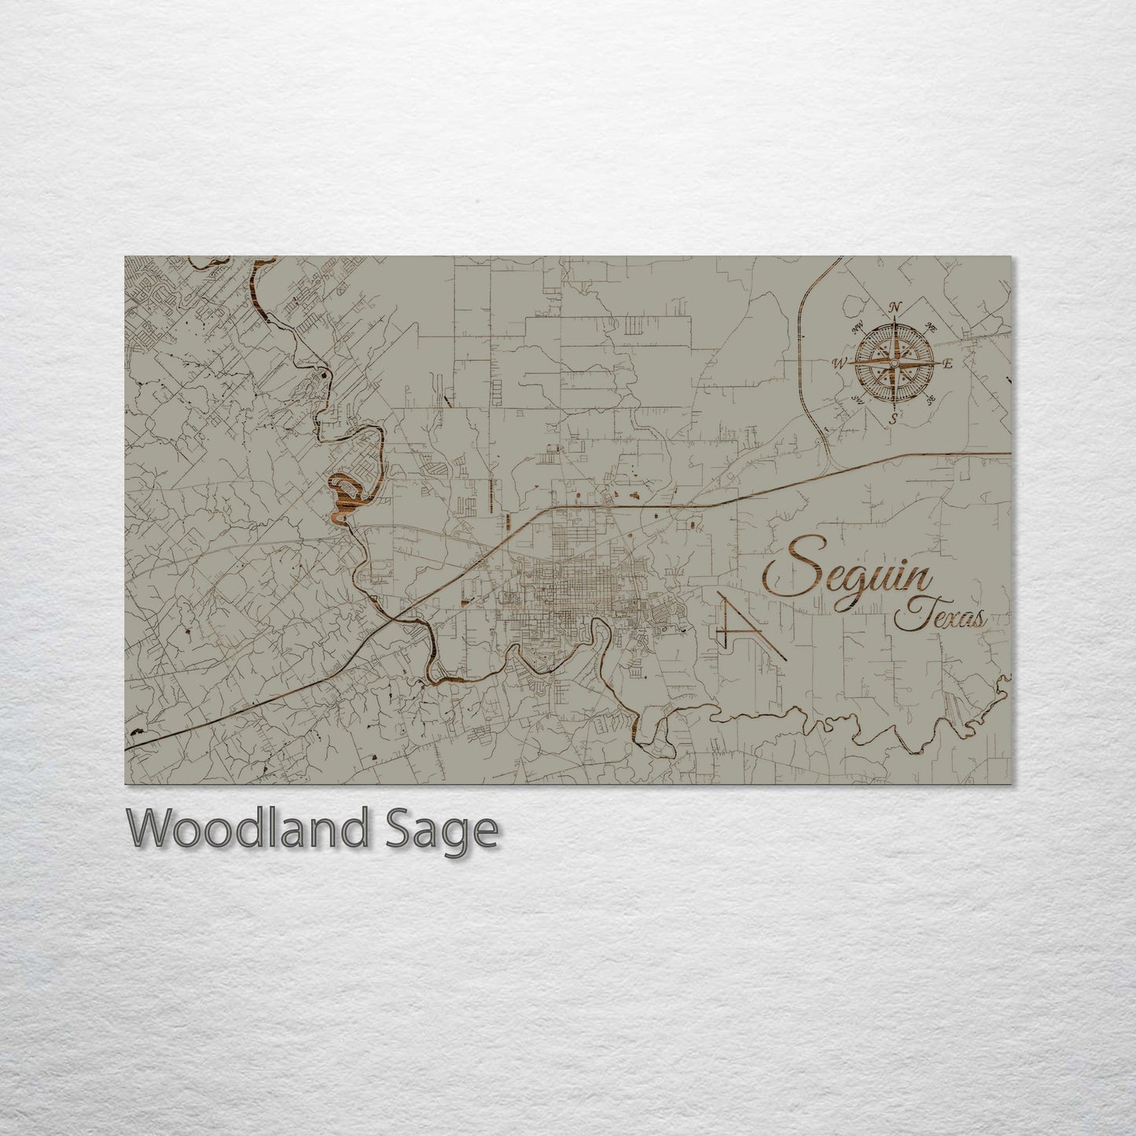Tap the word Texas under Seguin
coord(940,617)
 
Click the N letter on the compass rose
coord(894,307)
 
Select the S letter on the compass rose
coord(893,419)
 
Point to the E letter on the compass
coord(947,364)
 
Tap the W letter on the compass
coord(838,363)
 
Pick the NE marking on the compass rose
coord(932,326)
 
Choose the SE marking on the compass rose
coord(931,400)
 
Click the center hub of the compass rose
coord(894,363)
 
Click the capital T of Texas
coord(910,614)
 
